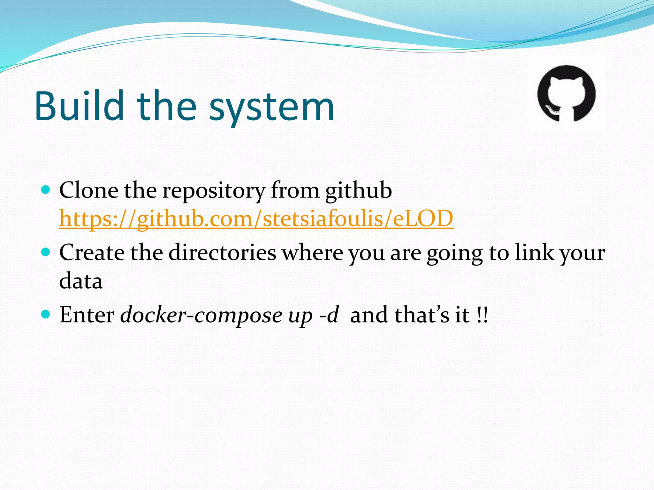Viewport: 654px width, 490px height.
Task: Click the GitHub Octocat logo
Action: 566,93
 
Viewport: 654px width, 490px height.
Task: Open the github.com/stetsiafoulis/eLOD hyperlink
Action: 256,219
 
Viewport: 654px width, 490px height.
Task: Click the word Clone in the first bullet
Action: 88,190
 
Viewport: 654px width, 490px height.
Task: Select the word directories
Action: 222,253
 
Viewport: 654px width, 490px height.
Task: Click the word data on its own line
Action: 81,281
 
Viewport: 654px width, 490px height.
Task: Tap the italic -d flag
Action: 329,315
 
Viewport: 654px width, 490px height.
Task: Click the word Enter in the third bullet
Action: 87,315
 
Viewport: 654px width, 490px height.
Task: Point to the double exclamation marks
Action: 482,315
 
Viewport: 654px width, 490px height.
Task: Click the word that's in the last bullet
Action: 422,315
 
